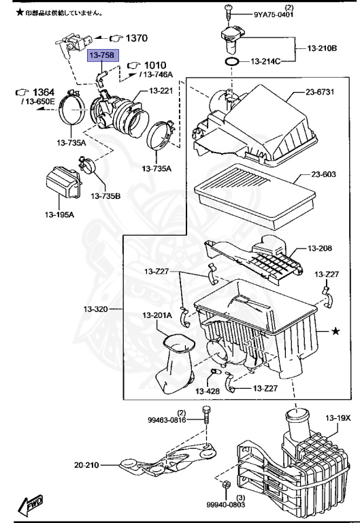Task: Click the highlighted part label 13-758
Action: click(x=103, y=55)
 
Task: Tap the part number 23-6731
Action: click(x=320, y=92)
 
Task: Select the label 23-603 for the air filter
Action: click(x=323, y=174)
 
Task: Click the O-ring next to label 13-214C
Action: click(x=232, y=62)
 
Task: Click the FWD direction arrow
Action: click(x=31, y=504)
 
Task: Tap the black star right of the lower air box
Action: click(x=336, y=331)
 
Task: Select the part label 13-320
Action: click(x=96, y=309)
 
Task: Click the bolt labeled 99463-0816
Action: click(x=206, y=416)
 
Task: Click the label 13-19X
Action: click(x=338, y=417)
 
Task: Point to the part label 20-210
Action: click(x=86, y=464)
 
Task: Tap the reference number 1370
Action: click(x=137, y=38)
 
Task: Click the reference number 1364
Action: click(x=44, y=92)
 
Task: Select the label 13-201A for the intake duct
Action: click(x=157, y=315)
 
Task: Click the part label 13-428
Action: click(x=208, y=391)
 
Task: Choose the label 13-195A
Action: click(x=59, y=215)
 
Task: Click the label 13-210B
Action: click(x=322, y=48)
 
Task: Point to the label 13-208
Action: click(x=320, y=248)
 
